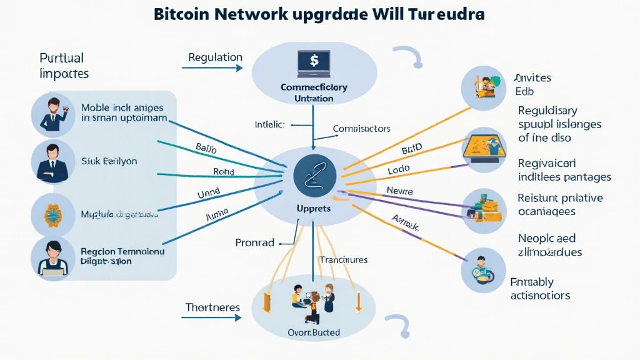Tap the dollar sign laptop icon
point(313,62)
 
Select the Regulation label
point(215,57)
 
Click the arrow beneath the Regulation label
point(216,68)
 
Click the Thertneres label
point(212,307)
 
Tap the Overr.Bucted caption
point(314,332)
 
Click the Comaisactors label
point(361,129)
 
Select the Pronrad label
point(255,242)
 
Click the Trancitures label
point(343,259)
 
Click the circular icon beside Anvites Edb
point(483,86)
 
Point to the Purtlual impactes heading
point(64,66)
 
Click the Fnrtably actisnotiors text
point(540,289)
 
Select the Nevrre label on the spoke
point(400,191)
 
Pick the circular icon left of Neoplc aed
point(483,269)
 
